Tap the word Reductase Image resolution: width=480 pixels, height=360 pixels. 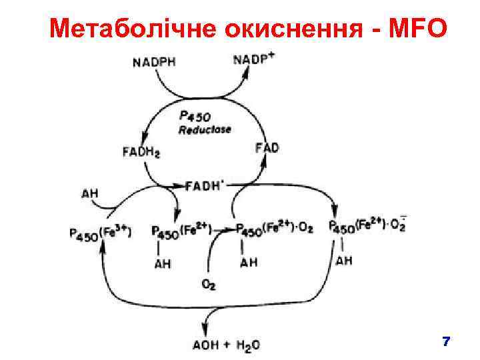(x=205, y=129)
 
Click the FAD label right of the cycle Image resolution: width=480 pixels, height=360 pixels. (x=267, y=147)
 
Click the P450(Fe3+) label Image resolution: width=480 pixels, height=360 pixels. (x=100, y=233)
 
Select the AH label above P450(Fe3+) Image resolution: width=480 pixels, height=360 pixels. (x=90, y=194)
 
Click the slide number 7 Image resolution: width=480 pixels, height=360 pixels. (x=446, y=342)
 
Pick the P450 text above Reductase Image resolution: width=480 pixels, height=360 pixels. (x=195, y=117)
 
